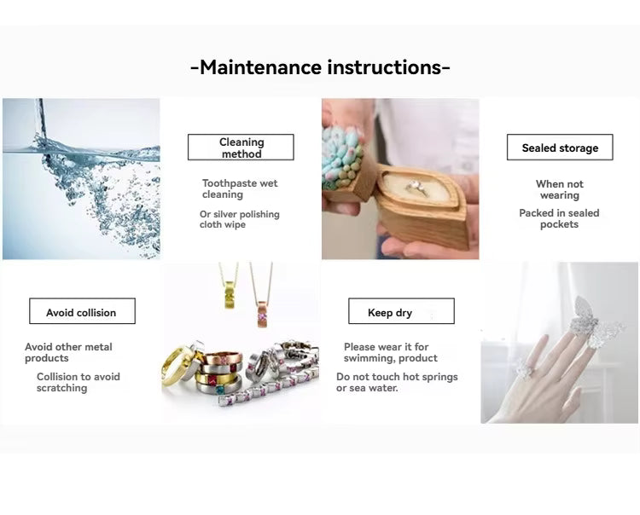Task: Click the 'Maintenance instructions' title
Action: pos(320,67)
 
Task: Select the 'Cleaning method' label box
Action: pos(241,148)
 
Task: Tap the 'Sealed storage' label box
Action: pos(560,148)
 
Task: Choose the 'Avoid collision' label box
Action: pos(82,311)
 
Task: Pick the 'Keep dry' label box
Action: pos(401,311)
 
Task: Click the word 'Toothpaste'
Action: pos(230,184)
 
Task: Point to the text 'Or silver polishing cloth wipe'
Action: pos(240,219)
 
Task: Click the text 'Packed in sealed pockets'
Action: pos(559,218)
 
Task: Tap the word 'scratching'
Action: pos(62,388)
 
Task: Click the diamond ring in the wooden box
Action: pos(416,188)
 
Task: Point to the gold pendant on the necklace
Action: pos(230,293)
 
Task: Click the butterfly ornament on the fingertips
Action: pos(593,322)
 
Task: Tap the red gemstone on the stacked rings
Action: pos(213,381)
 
